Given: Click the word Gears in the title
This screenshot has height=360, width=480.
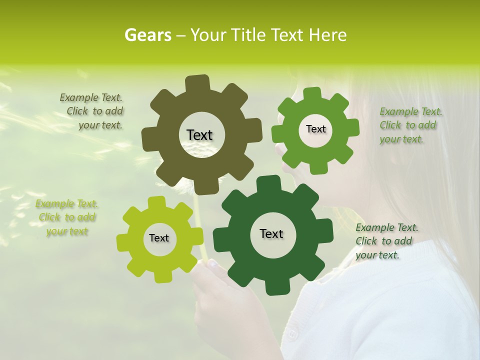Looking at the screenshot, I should click(147, 35).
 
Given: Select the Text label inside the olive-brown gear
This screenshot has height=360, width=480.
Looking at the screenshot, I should click(199, 135).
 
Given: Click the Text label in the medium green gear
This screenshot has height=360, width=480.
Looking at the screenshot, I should click(315, 129).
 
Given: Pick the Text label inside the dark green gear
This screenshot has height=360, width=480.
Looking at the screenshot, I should click(271, 233).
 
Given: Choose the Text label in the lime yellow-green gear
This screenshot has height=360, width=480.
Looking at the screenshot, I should click(159, 238).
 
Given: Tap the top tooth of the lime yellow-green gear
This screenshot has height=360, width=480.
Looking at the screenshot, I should click(156, 202).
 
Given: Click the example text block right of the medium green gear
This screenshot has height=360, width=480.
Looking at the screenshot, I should click(409, 125).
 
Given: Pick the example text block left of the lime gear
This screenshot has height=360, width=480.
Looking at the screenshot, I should click(66, 217).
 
